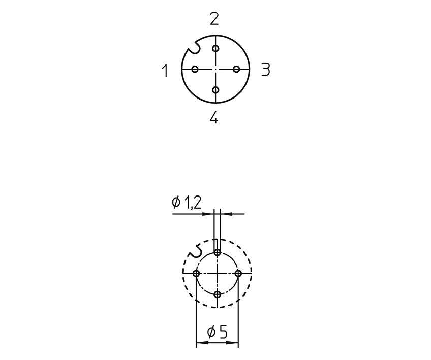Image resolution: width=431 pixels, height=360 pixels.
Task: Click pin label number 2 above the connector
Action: pos(214,19)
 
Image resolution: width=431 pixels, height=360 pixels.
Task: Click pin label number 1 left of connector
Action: pos(165,71)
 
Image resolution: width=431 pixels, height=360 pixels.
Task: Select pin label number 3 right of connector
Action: pos(265,70)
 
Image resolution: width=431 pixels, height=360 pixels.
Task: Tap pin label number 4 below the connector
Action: pos(214,118)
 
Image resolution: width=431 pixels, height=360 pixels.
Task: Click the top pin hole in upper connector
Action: pos(216,48)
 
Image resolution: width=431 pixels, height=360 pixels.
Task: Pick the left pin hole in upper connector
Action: pos(195,69)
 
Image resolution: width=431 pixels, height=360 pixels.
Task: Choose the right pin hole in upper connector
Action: pos(236,69)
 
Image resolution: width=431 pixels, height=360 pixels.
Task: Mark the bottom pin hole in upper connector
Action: pos(216,90)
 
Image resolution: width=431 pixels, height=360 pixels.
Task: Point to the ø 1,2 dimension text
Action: pos(187,203)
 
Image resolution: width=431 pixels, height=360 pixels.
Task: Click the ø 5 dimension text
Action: pos(218,333)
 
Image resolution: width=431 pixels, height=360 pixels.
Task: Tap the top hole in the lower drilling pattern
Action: pos(218,252)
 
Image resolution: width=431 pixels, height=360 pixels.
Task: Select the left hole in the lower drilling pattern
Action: pos(196,273)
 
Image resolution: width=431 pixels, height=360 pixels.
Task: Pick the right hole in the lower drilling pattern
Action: pos(238,273)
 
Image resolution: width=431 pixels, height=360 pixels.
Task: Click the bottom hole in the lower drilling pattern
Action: pos(218,294)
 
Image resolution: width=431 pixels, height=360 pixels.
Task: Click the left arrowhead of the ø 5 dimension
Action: pos(200,344)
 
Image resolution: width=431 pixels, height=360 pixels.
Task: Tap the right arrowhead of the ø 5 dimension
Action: pos(235,344)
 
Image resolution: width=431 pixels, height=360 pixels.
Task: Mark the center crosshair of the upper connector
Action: pos(216,69)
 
